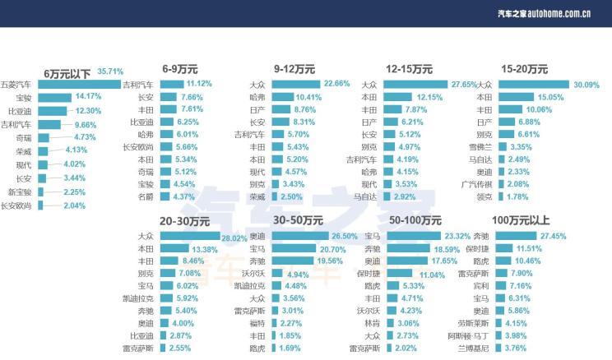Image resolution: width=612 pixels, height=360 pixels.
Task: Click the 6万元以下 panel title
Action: tap(68, 72)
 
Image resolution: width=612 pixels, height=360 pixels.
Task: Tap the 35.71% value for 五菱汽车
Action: tap(110, 71)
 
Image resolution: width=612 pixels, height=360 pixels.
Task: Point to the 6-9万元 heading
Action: tap(179, 69)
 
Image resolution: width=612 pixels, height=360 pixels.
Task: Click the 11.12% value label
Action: tap(199, 84)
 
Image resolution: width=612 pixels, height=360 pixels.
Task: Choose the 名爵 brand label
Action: tap(145, 196)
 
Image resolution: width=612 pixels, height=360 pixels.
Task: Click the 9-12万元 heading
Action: tap(294, 69)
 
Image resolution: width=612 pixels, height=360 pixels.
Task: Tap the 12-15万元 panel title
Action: tap(409, 69)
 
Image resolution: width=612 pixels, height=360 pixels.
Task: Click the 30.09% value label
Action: tap(586, 84)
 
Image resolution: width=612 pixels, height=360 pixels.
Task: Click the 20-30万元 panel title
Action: tap(184, 221)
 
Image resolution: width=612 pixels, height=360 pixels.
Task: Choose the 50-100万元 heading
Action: tap(415, 221)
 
